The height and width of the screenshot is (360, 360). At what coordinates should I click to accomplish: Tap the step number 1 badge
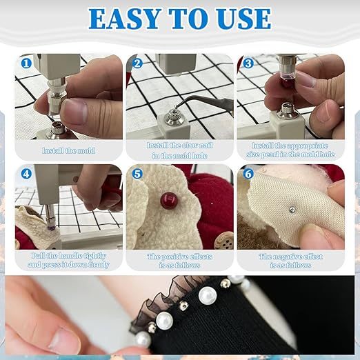(x=26, y=63)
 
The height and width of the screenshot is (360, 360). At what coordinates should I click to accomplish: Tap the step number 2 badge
(x=137, y=63)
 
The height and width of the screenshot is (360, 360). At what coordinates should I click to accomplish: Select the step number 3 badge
(x=248, y=63)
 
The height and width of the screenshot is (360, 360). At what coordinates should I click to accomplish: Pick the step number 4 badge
(x=26, y=174)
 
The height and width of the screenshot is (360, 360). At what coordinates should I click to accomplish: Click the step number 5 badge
(x=137, y=174)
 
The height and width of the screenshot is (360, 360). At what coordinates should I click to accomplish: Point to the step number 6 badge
(x=248, y=174)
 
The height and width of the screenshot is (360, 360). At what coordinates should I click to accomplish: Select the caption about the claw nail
(x=179, y=150)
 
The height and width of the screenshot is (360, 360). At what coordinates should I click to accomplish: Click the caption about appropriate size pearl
(x=290, y=150)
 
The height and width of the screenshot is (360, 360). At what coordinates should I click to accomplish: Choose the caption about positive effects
(x=179, y=260)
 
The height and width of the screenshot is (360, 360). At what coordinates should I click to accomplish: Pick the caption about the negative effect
(x=290, y=260)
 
